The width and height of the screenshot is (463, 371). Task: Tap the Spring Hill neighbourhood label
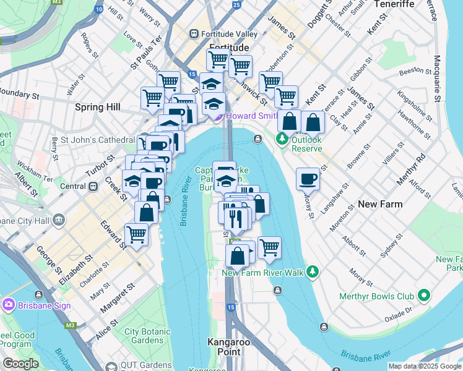pyautogui.click(x=97, y=107)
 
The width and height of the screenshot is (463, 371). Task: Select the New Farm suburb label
pyautogui.click(x=380, y=204)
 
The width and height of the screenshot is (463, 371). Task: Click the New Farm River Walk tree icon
pyautogui.click(x=314, y=271)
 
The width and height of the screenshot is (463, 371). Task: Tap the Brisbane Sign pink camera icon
pyautogui.click(x=9, y=305)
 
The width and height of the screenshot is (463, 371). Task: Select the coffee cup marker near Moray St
pyautogui.click(x=308, y=180)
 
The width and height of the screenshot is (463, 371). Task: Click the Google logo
pyautogui.click(x=20, y=364)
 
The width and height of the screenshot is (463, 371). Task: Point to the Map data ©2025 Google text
pyautogui.click(x=424, y=366)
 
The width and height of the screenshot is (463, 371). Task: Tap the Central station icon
pyautogui.click(x=93, y=186)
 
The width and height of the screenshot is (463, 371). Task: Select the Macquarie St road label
pyautogui.click(x=436, y=79)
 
